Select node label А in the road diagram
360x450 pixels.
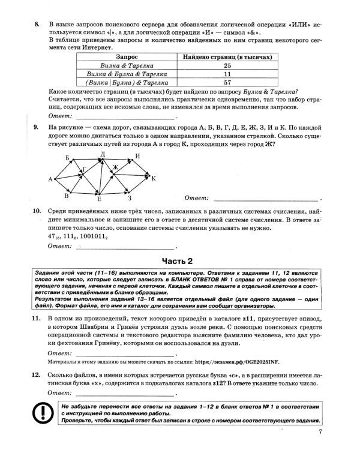coord(50,179)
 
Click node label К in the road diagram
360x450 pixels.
coord(154,178)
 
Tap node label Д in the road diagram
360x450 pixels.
coord(103,154)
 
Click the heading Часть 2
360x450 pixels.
coord(180,260)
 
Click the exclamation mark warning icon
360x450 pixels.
coord(43,413)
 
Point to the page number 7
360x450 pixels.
coord(321,431)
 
